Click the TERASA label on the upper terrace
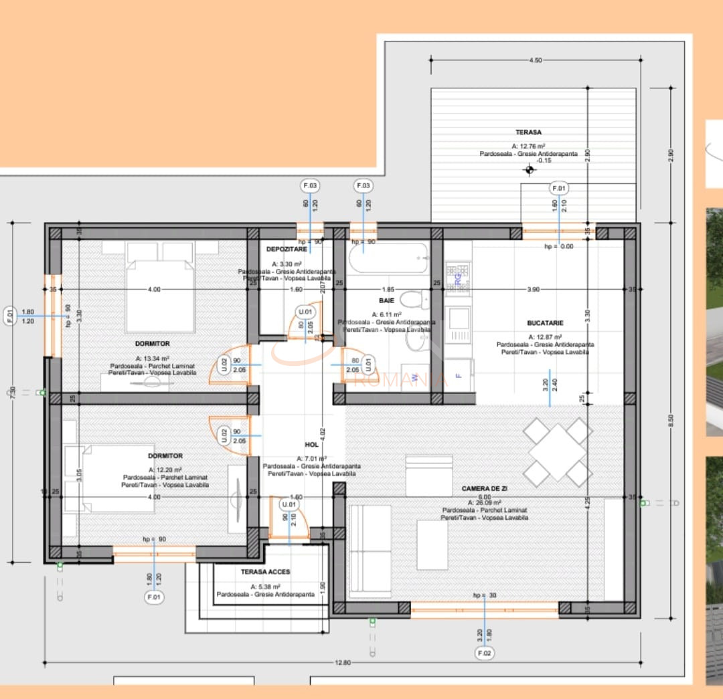(x=528, y=132)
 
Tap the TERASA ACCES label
(x=266, y=572)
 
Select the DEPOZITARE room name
(x=287, y=249)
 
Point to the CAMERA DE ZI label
(x=484, y=489)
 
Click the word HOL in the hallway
(x=311, y=444)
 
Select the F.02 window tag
(x=485, y=653)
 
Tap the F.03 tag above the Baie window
(x=364, y=185)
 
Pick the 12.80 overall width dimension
(x=342, y=662)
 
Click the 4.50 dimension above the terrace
(x=535, y=60)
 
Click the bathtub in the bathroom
(x=388, y=258)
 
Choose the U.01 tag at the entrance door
(x=289, y=504)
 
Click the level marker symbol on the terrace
(x=530, y=170)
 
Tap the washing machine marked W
(x=415, y=379)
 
